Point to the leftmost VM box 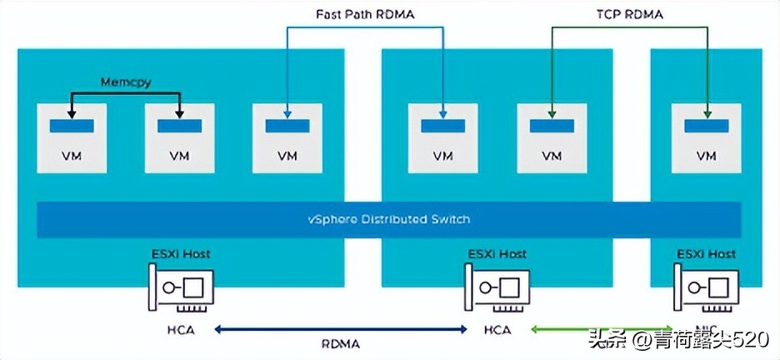[x=71, y=137]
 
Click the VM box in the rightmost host [x=706, y=137]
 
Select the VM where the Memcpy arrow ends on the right [x=179, y=137]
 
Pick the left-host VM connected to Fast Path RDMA [x=287, y=137]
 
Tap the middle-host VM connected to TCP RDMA [x=552, y=137]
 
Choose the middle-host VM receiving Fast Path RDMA [x=443, y=137]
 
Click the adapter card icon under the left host [x=181, y=287]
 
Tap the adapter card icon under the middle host [x=496, y=287]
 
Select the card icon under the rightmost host [x=706, y=287]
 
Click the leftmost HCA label [x=180, y=330]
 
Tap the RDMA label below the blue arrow [x=339, y=344]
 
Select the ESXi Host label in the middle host [x=495, y=253]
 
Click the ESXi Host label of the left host [x=180, y=253]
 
